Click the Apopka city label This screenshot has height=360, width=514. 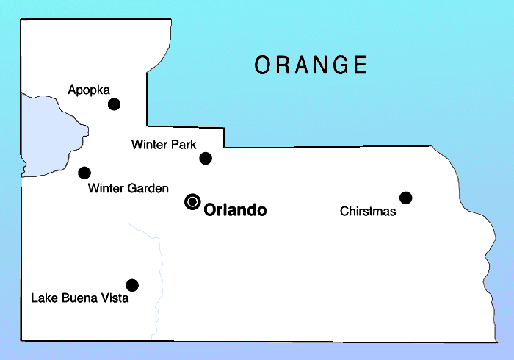(x=88, y=90)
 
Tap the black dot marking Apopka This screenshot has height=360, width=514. (x=114, y=104)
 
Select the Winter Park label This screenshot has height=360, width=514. (x=164, y=145)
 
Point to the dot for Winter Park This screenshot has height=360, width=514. (x=206, y=158)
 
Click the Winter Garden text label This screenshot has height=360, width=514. (x=128, y=189)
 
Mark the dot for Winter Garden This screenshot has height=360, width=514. (x=84, y=173)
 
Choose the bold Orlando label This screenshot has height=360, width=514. (x=235, y=211)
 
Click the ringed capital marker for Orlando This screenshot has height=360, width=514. (x=192, y=201)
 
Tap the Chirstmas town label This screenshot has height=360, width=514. (x=368, y=212)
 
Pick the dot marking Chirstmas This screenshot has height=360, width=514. (x=405, y=198)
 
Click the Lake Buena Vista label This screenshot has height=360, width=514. (x=79, y=299)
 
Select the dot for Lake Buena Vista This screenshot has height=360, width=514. (x=132, y=285)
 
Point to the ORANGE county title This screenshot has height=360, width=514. (x=311, y=65)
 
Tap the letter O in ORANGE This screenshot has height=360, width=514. (x=263, y=65)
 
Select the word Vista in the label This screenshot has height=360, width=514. (x=115, y=299)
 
